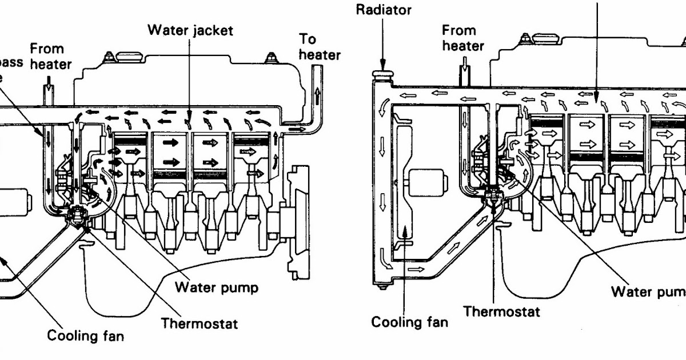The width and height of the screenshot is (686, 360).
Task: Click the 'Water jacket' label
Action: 190,30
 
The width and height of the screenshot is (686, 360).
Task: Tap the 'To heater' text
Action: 320,47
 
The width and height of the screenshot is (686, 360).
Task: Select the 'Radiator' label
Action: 384,10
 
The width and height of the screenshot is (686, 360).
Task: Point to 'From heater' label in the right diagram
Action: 463,38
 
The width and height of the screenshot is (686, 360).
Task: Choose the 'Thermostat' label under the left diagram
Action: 199,323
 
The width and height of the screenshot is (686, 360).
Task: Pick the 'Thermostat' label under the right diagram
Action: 501,311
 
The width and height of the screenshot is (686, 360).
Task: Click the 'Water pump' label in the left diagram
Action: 216,286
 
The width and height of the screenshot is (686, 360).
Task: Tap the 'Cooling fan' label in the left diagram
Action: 85,335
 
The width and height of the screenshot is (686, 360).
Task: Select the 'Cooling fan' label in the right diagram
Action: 409,322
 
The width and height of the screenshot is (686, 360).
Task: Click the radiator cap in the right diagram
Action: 381,76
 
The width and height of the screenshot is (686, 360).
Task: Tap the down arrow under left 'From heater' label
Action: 48,87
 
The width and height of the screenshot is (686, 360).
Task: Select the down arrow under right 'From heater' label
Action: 465,73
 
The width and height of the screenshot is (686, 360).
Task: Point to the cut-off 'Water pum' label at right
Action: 648,291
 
